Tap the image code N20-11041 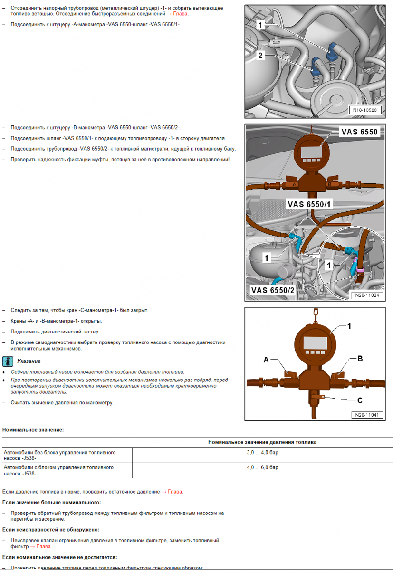(x=367, y=415)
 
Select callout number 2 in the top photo (x=260, y=55)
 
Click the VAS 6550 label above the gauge (x=359, y=132)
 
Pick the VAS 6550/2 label (x=273, y=290)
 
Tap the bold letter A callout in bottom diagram (x=266, y=361)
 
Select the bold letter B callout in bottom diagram (x=360, y=359)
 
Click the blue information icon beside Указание (x=8, y=361)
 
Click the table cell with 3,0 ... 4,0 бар (x=262, y=453)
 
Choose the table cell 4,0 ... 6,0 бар (x=262, y=467)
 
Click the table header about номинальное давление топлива (x=262, y=442)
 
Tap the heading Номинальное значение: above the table (x=33, y=430)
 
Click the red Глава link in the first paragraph (x=181, y=13)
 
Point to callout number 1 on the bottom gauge (x=349, y=326)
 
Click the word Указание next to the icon (x=29, y=361)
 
